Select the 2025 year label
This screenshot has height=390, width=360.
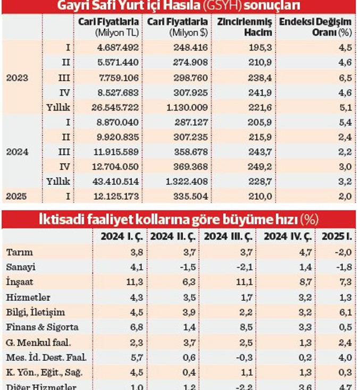17,197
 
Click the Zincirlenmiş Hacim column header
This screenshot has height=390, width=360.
244,27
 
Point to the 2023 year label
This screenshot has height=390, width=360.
17,77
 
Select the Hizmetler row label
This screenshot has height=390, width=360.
27,297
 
